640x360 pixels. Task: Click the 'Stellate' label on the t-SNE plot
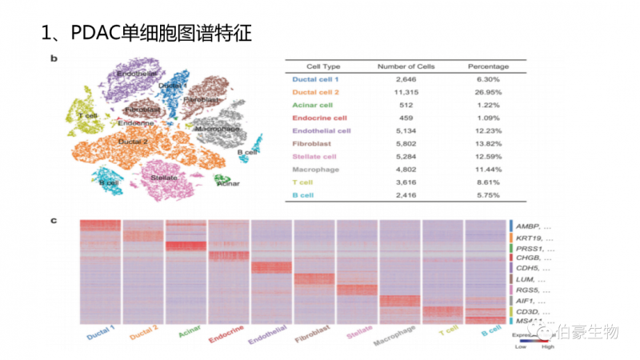click(x=164, y=178)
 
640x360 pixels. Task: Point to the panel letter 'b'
click(x=54, y=58)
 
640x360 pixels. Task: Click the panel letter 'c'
click(x=54, y=219)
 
